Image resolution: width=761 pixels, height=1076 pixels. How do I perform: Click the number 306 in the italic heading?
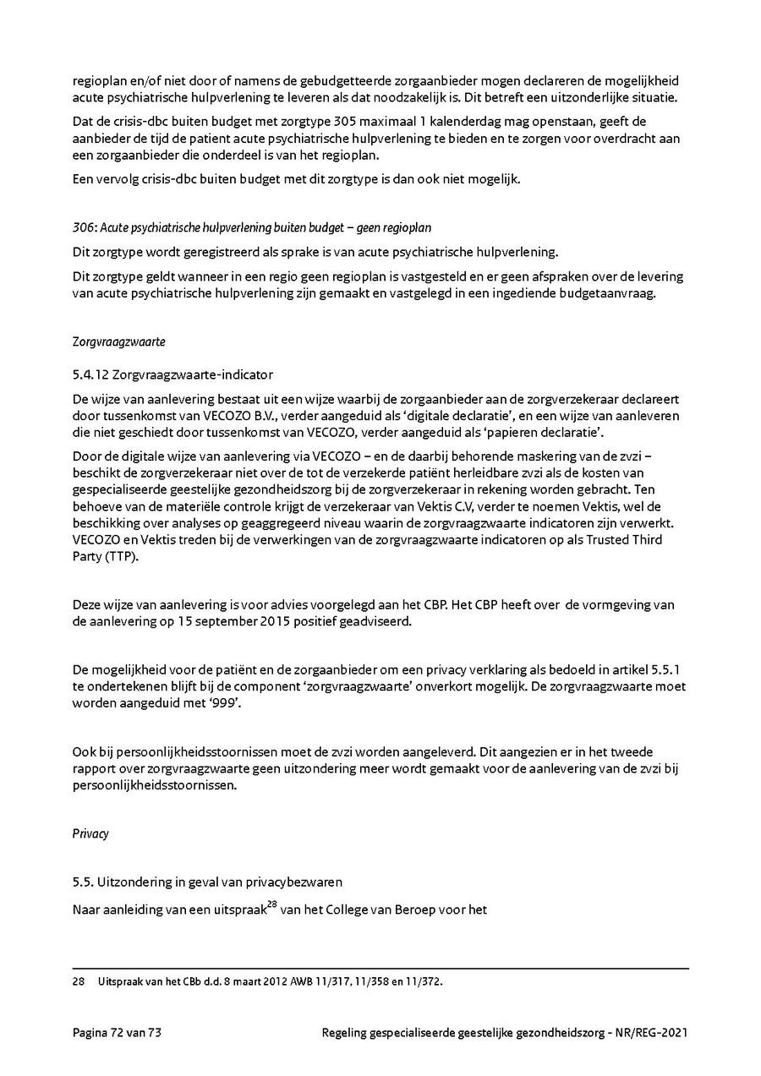coord(82,227)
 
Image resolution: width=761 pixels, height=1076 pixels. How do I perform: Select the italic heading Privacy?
coord(90,833)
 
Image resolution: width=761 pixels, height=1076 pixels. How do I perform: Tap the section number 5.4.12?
coord(90,374)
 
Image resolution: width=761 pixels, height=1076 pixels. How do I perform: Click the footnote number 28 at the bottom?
coord(78,982)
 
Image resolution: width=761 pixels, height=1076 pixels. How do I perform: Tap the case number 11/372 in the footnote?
coord(424,982)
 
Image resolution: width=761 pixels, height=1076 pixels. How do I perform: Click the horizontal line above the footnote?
coord(380,968)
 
